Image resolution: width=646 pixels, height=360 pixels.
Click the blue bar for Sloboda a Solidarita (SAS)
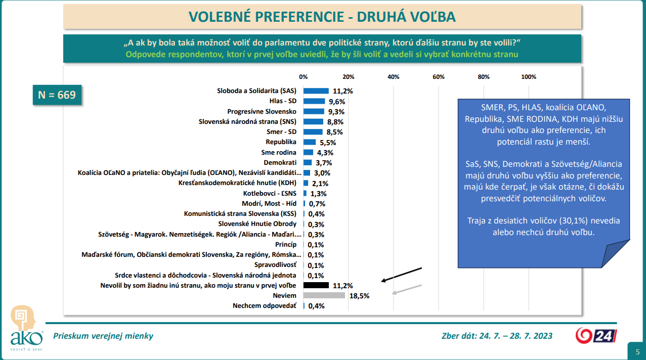316,91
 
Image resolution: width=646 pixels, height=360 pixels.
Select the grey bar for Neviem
324,295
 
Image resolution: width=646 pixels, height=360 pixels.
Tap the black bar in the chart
316,285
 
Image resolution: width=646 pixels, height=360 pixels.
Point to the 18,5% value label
359,296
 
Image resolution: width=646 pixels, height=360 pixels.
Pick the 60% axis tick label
438,77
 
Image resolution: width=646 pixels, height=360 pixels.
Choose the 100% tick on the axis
529,77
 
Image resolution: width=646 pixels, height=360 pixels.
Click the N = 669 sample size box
57,95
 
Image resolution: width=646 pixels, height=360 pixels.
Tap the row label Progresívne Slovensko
262,111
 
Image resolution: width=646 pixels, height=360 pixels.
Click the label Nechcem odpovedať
264,306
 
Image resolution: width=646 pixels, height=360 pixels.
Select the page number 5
637,352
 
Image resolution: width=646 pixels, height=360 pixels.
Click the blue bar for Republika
309,142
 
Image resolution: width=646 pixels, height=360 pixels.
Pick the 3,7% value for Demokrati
324,162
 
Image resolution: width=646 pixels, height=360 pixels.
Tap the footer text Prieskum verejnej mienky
103,336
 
